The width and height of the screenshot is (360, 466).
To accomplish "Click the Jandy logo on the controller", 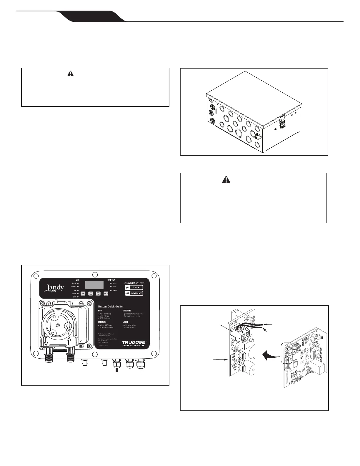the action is point(54,288).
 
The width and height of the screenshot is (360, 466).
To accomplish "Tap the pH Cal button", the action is point(106,293).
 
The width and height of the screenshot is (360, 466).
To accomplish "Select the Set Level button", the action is point(91,293).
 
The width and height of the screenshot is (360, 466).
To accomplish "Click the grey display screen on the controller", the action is point(94,284).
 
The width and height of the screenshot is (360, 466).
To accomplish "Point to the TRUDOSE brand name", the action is point(133,342).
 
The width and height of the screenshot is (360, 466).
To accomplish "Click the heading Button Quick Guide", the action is point(110,307).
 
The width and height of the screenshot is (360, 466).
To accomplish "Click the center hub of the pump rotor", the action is point(58,325).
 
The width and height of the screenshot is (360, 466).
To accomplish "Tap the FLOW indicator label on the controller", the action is point(114,290).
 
